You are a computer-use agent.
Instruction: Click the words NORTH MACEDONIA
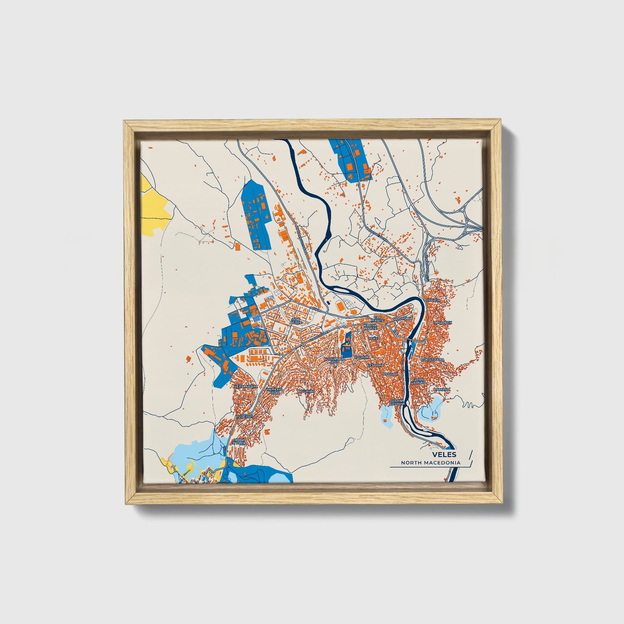click(x=430, y=462)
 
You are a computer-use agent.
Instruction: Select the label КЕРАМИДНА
click(x=246, y=386)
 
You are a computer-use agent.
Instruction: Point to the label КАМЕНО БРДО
click(x=274, y=391)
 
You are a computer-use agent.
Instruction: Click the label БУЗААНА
click(x=375, y=365)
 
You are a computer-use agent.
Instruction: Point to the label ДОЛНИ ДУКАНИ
click(x=397, y=402)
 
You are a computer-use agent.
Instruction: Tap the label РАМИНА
click(x=442, y=390)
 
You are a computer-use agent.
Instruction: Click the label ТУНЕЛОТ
click(x=244, y=417)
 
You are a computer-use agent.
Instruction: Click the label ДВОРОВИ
click(x=403, y=319)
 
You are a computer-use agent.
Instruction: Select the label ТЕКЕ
click(x=373, y=339)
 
